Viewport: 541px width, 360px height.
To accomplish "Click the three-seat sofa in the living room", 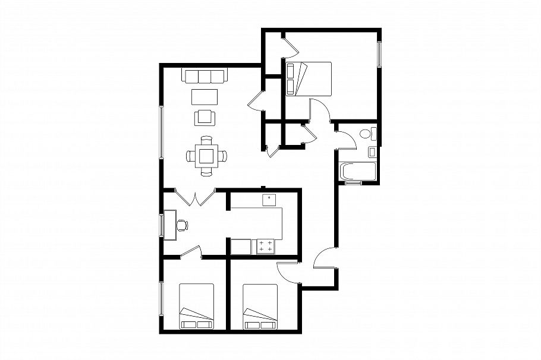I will [205, 77].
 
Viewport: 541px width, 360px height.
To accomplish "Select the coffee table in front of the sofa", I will [205, 96].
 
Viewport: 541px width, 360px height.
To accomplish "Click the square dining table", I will [206, 156].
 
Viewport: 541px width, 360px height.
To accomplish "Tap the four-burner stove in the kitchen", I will [266, 247].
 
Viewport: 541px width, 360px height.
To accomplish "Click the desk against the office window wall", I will [170, 225].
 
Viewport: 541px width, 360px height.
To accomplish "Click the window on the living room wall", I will [161, 131].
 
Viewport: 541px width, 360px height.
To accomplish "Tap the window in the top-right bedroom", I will [378, 55].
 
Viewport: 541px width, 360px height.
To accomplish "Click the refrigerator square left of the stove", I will [241, 247].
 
